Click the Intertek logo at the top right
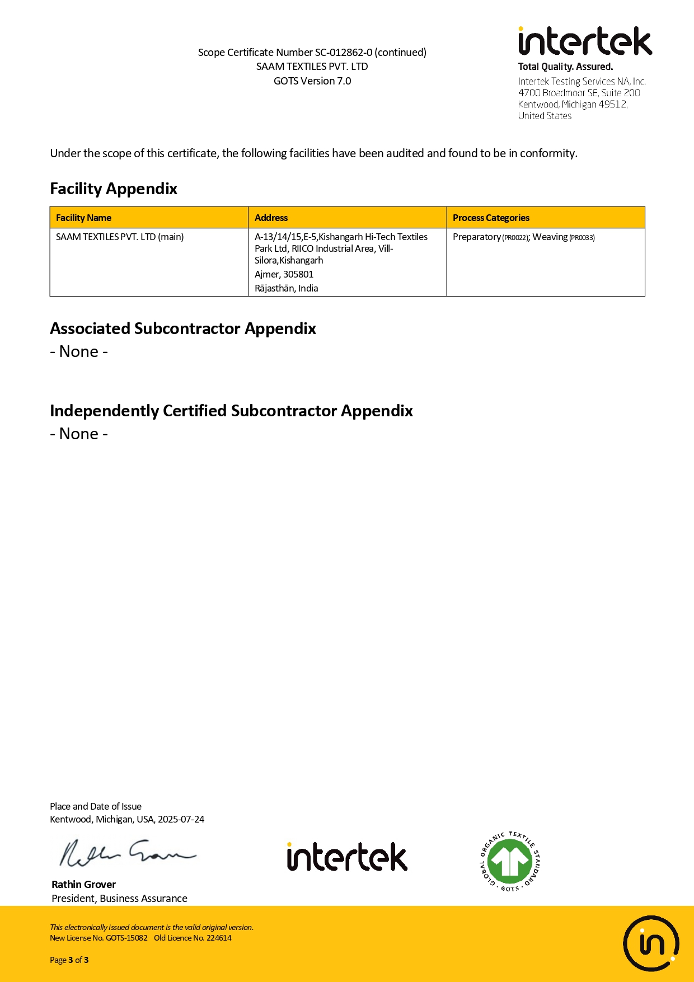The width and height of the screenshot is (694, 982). click(585, 41)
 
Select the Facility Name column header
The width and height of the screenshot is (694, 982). click(83, 218)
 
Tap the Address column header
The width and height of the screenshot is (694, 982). click(271, 218)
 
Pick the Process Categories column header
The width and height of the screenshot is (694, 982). click(491, 218)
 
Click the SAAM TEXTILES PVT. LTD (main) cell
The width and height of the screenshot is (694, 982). click(120, 237)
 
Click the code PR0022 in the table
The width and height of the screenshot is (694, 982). click(515, 238)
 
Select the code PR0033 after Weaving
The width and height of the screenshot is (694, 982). click(582, 238)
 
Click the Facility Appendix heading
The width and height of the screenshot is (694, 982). click(114, 189)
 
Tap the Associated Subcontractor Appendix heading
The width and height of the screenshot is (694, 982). click(183, 328)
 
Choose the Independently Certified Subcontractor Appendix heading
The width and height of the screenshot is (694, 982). click(231, 411)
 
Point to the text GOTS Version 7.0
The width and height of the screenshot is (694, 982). click(312, 81)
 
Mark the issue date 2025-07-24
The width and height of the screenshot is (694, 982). click(181, 819)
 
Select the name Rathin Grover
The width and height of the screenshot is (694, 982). click(83, 884)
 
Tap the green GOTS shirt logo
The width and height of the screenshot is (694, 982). click(510, 862)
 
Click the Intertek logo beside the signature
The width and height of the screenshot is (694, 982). click(347, 857)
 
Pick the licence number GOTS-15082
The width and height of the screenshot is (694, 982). click(126, 938)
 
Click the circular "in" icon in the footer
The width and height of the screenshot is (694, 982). click(651, 943)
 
